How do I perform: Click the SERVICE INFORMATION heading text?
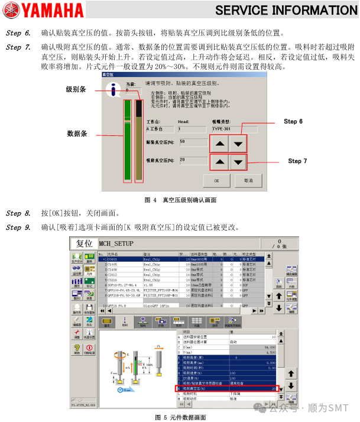(x=286, y=10)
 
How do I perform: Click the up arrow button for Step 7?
(x=219, y=162)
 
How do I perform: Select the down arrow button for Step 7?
(x=238, y=162)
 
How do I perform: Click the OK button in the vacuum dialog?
(x=217, y=180)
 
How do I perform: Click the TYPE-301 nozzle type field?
(x=234, y=128)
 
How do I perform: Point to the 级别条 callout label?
(x=76, y=89)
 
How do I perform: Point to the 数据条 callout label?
(x=77, y=134)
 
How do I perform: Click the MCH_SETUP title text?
(x=116, y=244)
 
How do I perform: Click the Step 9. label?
(x=18, y=228)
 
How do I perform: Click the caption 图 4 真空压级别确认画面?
(x=180, y=200)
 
